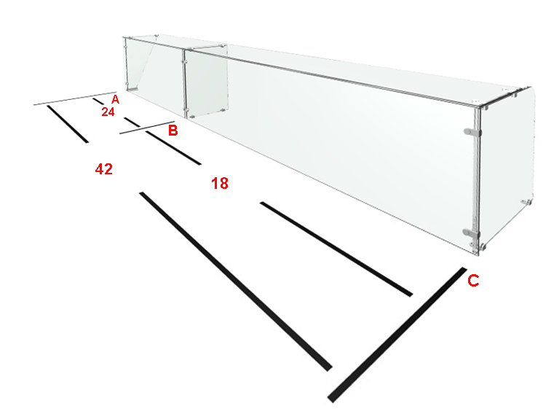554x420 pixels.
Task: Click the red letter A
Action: (115, 99)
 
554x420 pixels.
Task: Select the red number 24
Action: (108, 112)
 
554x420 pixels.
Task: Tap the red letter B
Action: (173, 131)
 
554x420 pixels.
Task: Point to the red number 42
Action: (104, 169)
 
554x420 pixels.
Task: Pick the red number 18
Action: (220, 183)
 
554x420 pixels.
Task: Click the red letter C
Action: (473, 281)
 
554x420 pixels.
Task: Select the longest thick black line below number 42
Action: (236, 281)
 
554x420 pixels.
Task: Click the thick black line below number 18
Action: (336, 249)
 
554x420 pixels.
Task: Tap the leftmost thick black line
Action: (68, 124)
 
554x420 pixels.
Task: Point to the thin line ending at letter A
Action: (75, 98)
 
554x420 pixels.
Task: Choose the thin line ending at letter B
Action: (147, 128)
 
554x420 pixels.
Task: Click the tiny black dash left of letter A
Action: (98, 101)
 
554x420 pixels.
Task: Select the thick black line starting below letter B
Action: (173, 147)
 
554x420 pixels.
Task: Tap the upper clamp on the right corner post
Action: (472, 132)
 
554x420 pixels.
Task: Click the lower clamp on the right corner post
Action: (471, 233)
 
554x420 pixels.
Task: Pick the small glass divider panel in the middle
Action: (206, 82)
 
